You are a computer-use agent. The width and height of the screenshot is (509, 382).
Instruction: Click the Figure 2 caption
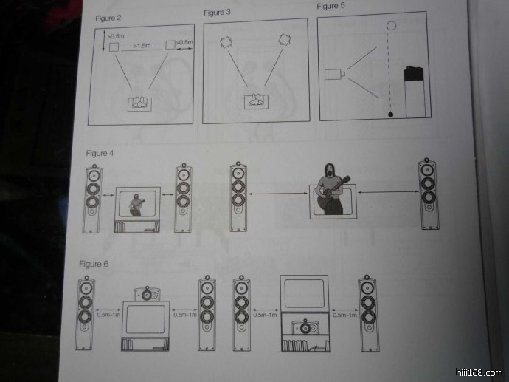click(108, 18)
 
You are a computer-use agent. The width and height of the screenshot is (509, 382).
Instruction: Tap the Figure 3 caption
click(217, 13)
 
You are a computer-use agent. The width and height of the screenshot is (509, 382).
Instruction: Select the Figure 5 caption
click(330, 6)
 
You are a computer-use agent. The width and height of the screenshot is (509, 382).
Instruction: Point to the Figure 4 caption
click(100, 153)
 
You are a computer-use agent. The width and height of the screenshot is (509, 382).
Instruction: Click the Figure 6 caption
click(94, 264)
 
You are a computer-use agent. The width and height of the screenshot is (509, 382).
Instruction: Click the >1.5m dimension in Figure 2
click(142, 46)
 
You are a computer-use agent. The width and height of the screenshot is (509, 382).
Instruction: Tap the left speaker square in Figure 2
click(114, 47)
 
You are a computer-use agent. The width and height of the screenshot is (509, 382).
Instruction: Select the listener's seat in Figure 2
click(139, 103)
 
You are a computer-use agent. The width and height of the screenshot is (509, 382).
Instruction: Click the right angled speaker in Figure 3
click(284, 40)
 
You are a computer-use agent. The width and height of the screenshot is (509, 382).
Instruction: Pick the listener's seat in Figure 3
click(256, 101)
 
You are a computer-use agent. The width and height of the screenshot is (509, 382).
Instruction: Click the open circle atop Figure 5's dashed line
click(392, 26)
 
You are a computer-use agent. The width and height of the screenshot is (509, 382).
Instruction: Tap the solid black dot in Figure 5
click(391, 114)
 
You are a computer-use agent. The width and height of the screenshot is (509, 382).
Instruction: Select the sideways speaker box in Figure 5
click(335, 74)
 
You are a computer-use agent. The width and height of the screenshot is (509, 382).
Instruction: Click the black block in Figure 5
click(414, 74)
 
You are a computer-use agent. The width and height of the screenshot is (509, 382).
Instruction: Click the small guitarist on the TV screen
click(136, 205)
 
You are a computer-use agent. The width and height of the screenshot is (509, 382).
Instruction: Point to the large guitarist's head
click(330, 171)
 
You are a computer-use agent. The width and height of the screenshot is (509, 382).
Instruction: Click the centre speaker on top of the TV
click(147, 295)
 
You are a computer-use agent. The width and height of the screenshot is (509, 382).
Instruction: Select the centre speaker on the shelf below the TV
click(305, 328)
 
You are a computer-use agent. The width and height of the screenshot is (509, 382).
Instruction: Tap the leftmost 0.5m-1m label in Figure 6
click(108, 315)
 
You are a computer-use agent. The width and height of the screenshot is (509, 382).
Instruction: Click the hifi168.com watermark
click(479, 372)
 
